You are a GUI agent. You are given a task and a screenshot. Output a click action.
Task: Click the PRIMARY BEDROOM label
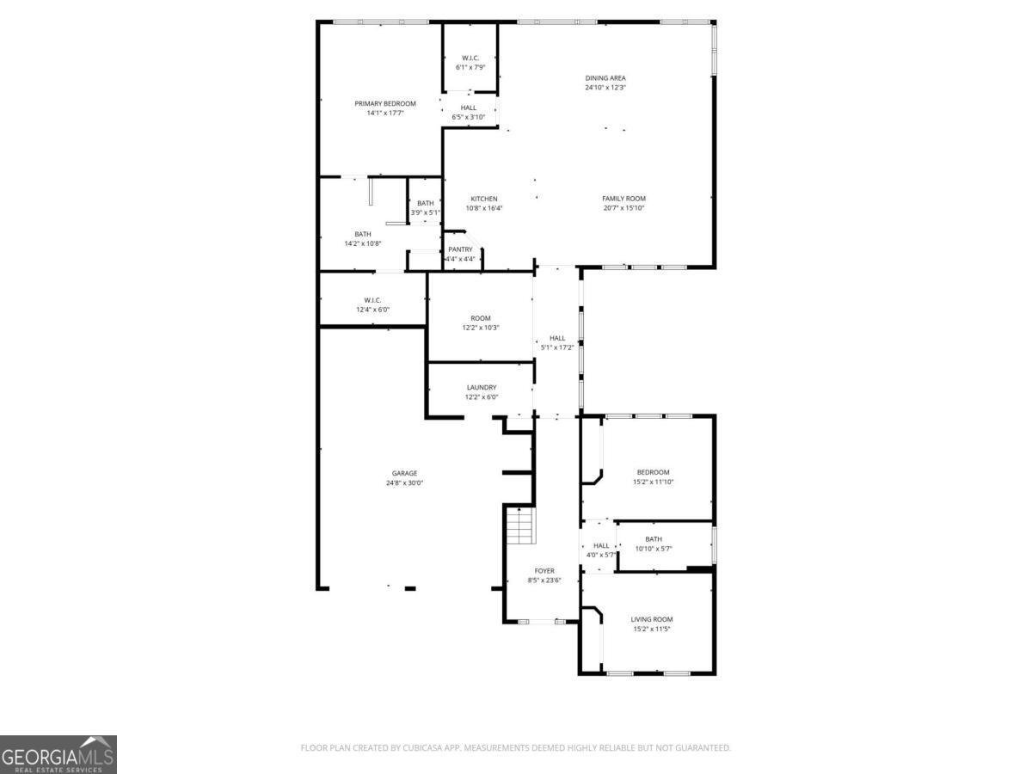[384, 103]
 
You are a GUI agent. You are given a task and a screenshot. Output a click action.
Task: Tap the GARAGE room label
[404, 473]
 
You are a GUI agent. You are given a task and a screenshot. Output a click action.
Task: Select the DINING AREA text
[605, 78]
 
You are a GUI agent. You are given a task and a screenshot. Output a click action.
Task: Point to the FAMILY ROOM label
[623, 199]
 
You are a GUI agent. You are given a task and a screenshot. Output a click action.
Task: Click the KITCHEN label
[483, 199]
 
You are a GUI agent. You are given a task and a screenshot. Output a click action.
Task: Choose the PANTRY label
[460, 249]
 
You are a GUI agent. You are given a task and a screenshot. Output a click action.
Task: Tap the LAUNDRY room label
[482, 388]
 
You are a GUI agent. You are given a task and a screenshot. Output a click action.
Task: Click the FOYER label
[544, 571]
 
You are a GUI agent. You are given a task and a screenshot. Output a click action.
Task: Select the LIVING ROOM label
[652, 619]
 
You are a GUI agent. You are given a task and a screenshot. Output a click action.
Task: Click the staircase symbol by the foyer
[519, 525]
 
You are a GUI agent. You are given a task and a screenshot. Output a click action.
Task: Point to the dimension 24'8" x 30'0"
[404, 483]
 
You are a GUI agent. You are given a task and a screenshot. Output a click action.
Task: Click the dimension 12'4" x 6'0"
[372, 310]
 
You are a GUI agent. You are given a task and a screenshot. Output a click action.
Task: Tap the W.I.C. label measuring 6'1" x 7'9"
[470, 58]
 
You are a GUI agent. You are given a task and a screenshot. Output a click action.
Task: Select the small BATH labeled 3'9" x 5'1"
[426, 203]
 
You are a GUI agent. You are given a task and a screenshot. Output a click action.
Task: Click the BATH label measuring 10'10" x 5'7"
[654, 539]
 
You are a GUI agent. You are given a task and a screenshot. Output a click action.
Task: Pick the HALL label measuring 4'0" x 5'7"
[601, 545]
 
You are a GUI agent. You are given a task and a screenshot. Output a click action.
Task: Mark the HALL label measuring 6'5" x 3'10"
[469, 107]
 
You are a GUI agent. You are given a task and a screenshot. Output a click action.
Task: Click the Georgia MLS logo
[58, 754]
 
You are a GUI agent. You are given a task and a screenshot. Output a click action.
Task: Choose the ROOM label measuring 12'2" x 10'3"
[481, 318]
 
